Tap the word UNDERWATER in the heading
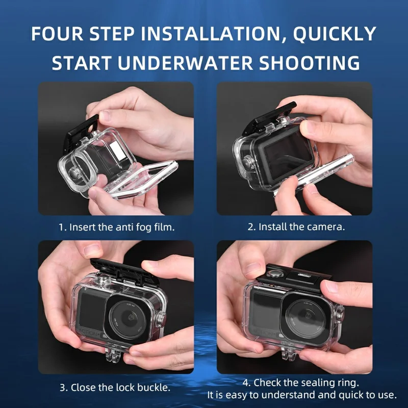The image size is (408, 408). tap(192, 63)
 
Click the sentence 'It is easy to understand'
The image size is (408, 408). tap(301, 395)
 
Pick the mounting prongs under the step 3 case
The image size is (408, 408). tap(115, 354)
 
